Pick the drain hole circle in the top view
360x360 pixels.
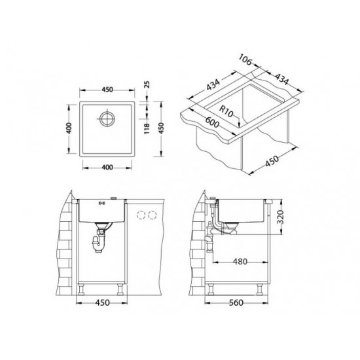106,120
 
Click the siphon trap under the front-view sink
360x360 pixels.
100,236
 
